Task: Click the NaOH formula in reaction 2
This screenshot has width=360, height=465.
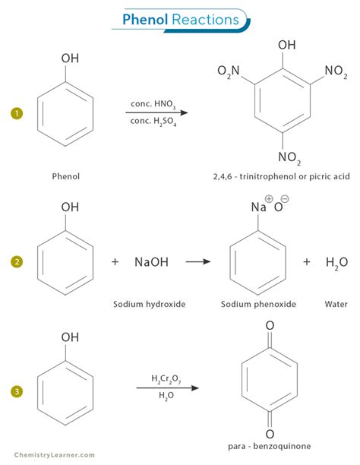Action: (x=151, y=262)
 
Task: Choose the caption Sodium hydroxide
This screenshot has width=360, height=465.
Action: (x=150, y=305)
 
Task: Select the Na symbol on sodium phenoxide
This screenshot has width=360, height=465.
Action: (x=258, y=207)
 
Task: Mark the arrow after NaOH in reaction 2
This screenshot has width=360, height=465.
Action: (x=198, y=262)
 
